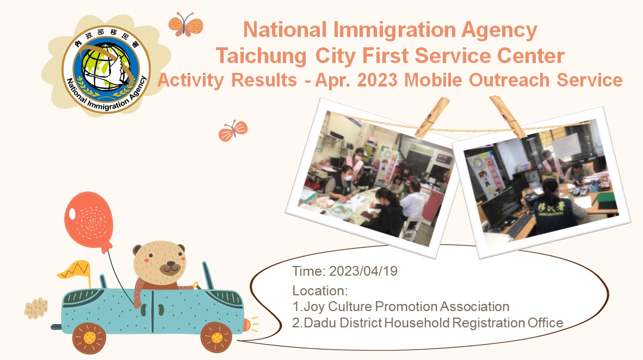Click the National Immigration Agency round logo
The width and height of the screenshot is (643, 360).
106,69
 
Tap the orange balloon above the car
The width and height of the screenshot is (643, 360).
89,221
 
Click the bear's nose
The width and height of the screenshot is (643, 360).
170,268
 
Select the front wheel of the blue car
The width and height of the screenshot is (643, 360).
217,337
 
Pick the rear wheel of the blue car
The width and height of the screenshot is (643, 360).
89,338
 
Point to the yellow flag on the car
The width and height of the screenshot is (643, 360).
75,269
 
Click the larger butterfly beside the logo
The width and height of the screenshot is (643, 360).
186,24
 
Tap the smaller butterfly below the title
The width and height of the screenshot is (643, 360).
233,131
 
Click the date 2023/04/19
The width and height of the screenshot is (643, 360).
363,271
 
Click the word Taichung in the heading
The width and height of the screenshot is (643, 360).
261,57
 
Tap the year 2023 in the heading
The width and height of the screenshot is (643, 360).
377,80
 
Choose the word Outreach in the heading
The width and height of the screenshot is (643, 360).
509,80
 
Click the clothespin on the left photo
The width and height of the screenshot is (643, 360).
432,117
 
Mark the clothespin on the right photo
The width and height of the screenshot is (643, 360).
508,116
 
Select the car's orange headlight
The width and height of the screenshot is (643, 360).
246,325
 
